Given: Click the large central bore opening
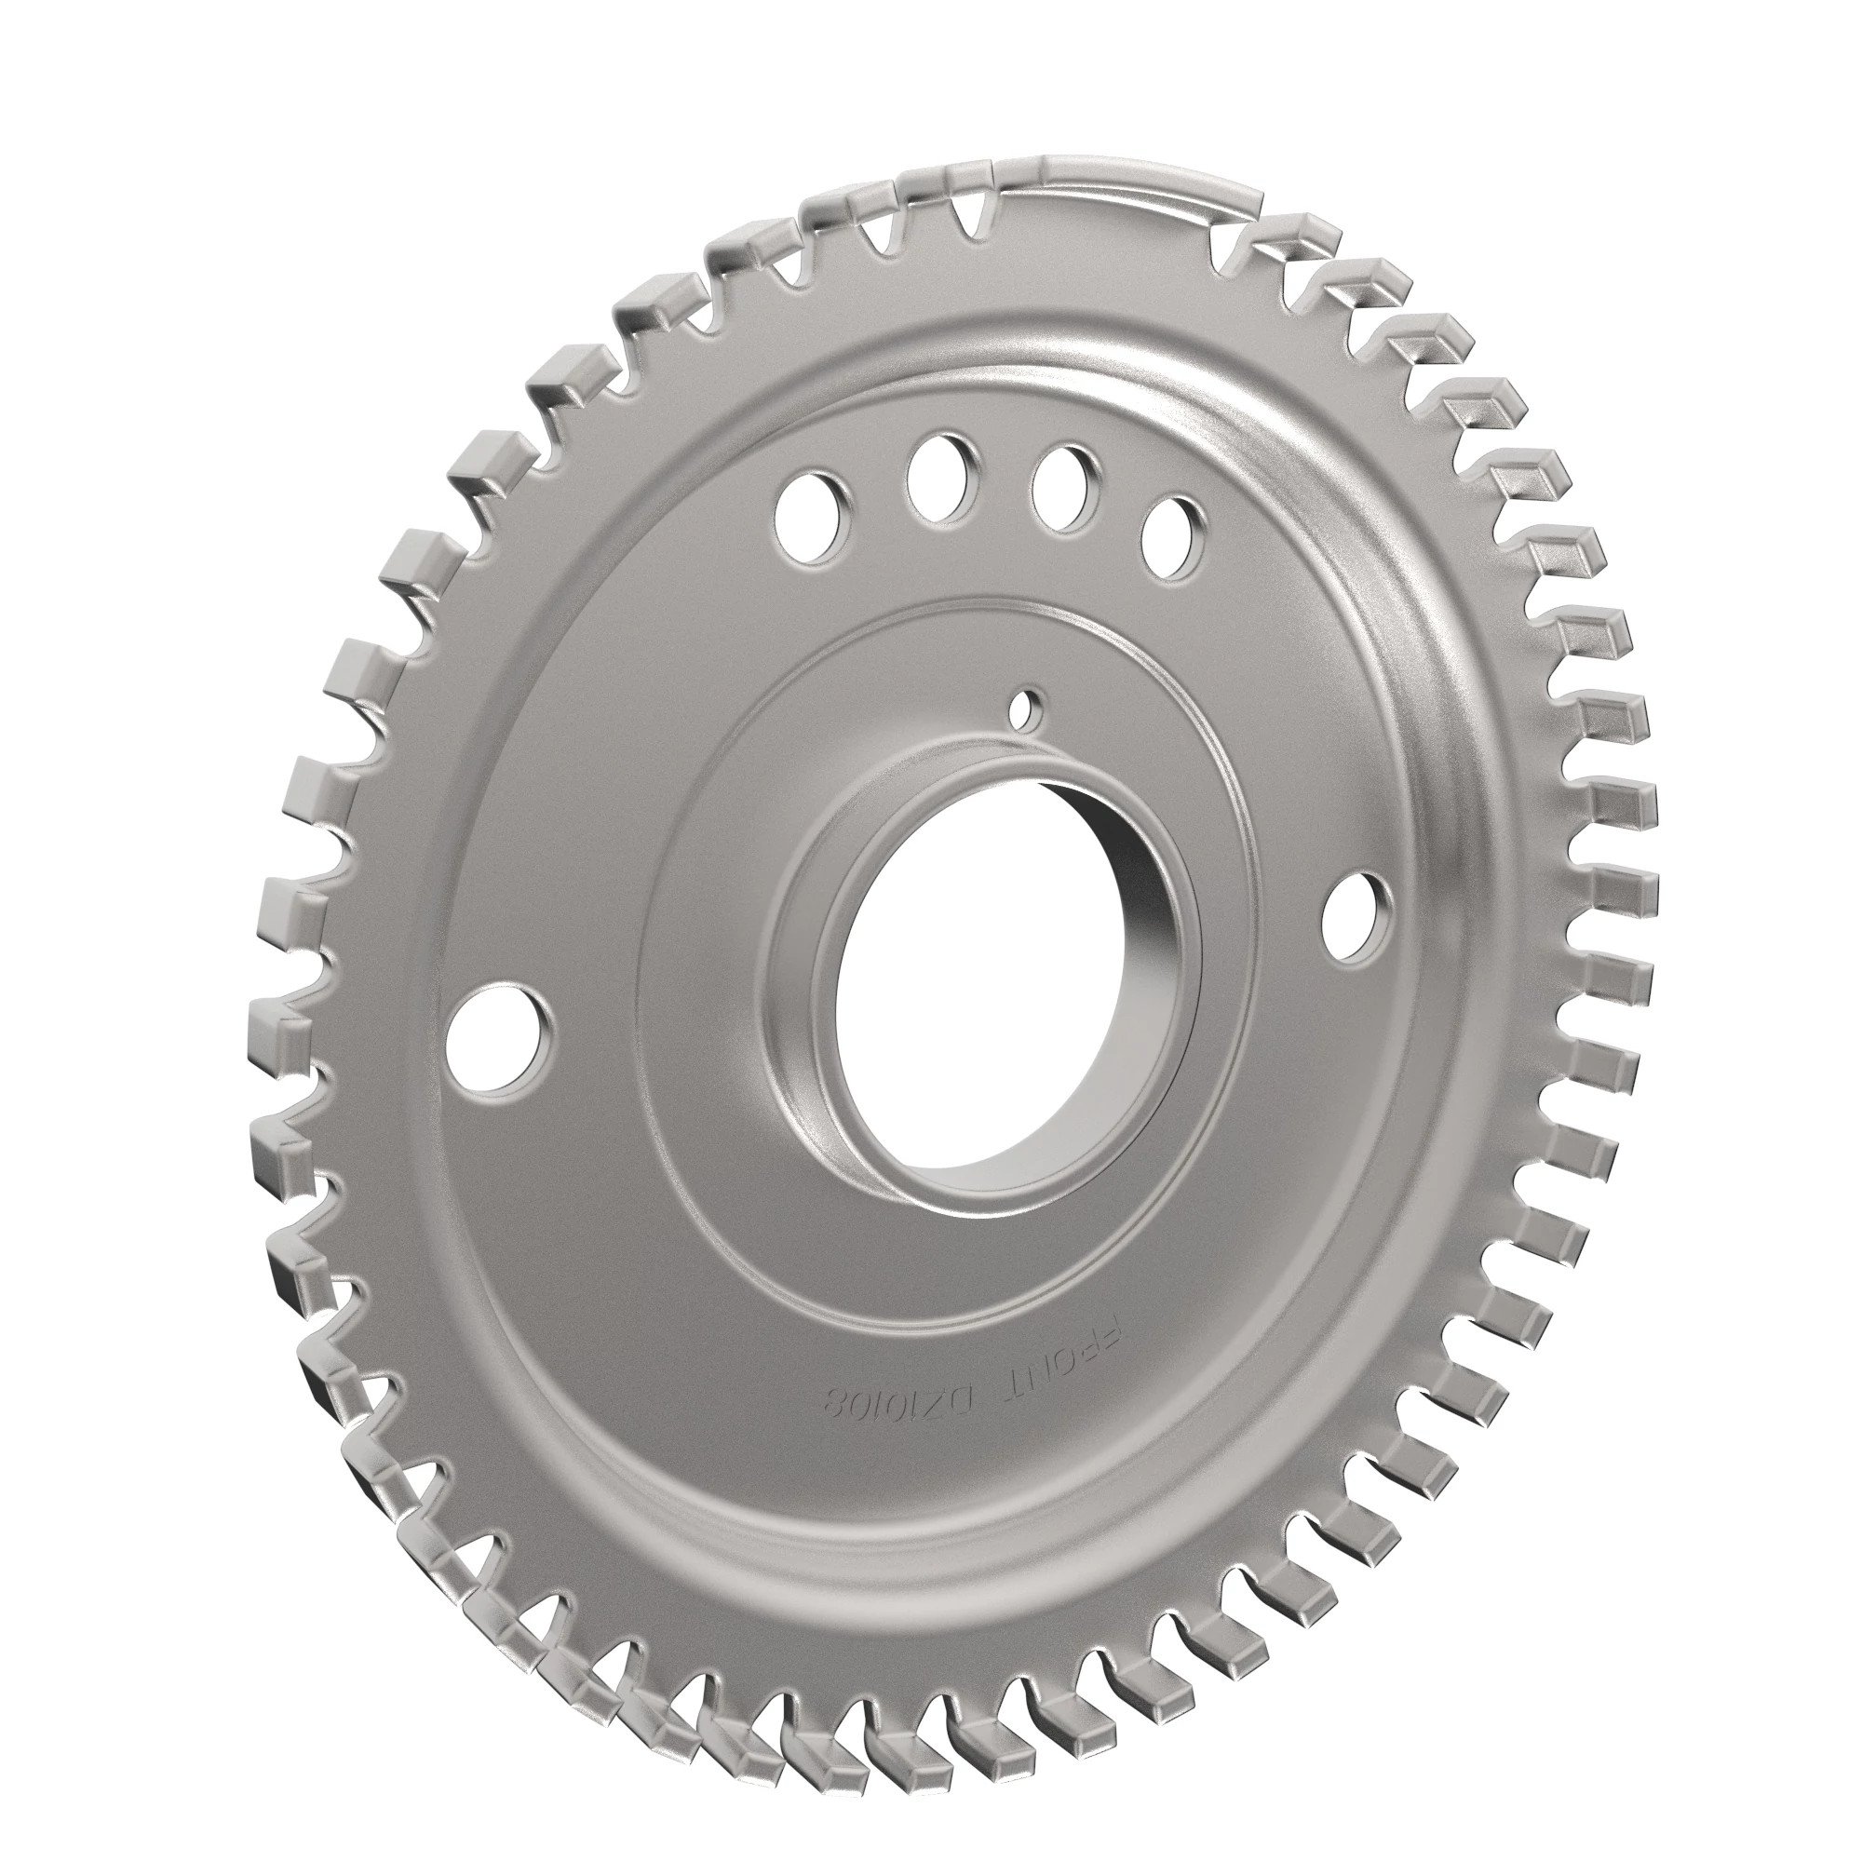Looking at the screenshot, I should [974, 1003].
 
